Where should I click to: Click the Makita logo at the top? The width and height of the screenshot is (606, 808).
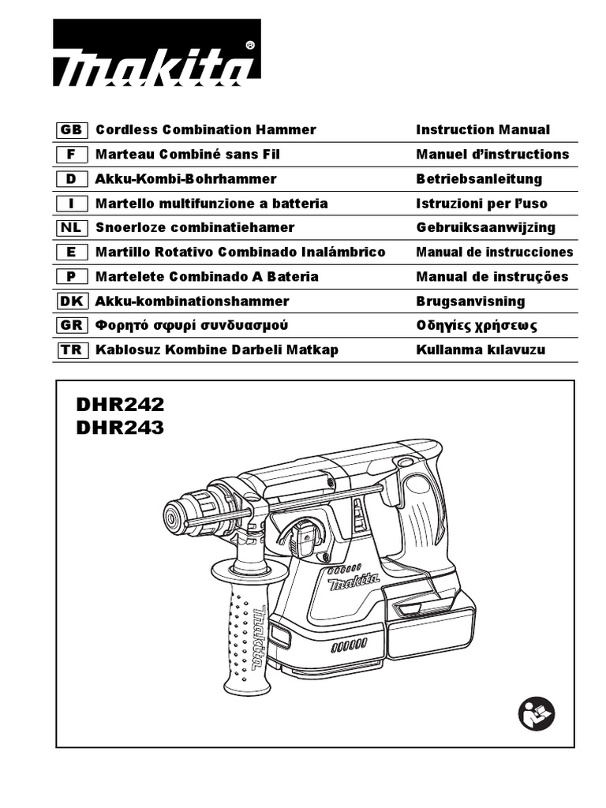156,54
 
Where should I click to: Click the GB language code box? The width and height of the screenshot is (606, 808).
71,129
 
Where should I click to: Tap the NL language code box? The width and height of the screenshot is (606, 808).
71,227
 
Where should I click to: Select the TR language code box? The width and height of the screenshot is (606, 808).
71,350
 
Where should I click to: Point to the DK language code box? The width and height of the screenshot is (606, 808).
71,301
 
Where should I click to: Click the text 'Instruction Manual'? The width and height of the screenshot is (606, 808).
482,129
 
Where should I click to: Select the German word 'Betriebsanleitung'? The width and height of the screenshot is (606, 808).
479,179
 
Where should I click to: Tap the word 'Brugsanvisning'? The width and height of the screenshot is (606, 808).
470,301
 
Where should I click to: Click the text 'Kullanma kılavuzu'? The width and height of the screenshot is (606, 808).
481,350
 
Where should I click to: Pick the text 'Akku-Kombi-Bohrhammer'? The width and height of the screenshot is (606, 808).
185,179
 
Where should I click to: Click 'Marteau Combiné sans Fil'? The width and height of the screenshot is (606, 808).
188,154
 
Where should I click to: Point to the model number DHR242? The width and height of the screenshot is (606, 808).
120,405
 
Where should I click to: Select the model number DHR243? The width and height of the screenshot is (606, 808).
120,428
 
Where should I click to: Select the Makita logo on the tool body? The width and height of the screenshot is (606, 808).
353,583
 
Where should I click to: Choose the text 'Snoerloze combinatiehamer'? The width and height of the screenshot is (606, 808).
195,227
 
